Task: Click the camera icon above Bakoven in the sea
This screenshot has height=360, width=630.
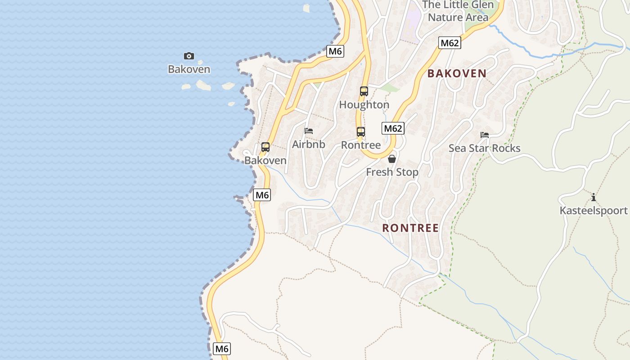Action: [x=189, y=56]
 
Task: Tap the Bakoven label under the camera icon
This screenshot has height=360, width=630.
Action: [x=189, y=69]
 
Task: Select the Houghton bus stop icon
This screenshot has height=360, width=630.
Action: [x=364, y=91]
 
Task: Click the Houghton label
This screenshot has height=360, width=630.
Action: [x=364, y=105]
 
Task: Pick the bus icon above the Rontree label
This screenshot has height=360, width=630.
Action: [x=361, y=132]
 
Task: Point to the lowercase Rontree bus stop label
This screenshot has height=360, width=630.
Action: [x=361, y=145]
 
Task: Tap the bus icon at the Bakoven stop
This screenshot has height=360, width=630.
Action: [x=265, y=147]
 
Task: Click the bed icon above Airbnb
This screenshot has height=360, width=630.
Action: [x=309, y=131]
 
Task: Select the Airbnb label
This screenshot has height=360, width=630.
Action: [x=309, y=144]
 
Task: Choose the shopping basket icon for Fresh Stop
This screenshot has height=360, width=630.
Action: [x=392, y=159]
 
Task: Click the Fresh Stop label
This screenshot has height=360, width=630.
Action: [x=392, y=172]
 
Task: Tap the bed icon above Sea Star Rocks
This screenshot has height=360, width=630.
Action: [x=485, y=135]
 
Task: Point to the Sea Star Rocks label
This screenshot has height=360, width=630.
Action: [x=485, y=148]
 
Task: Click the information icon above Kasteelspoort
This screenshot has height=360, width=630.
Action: [x=594, y=197]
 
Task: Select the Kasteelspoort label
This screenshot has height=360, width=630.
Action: [x=594, y=211]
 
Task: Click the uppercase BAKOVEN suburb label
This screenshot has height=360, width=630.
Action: [x=457, y=73]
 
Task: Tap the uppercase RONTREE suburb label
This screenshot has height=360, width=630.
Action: [x=410, y=228]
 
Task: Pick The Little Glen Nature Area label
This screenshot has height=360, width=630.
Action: [x=458, y=11]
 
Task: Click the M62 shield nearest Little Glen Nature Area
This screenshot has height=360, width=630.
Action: [x=450, y=43]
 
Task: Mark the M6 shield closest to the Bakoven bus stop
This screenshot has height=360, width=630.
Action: [x=262, y=195]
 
